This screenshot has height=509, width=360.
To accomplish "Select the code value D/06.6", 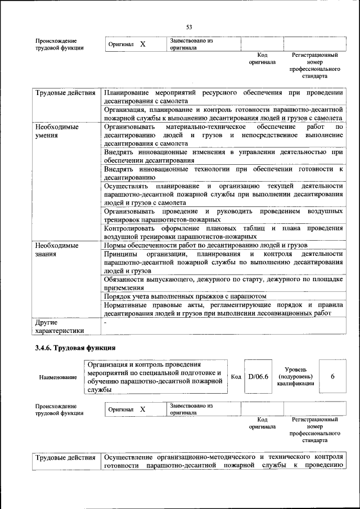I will (x=259, y=376).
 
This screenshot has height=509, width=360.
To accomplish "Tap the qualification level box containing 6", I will (x=332, y=376).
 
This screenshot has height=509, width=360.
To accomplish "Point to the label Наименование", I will (x=58, y=377).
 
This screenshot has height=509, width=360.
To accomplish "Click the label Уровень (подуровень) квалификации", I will (x=295, y=376).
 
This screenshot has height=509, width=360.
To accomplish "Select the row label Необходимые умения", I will (x=57, y=132).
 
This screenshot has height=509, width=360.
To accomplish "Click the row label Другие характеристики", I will (x=59, y=327).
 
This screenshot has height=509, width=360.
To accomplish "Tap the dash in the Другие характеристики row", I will (x=105, y=323).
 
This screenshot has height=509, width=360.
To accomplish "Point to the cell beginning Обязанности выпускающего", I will (x=223, y=283).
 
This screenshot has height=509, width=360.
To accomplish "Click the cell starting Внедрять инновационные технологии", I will (x=223, y=173).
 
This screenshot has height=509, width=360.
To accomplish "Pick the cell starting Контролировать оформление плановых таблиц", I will (x=223, y=232).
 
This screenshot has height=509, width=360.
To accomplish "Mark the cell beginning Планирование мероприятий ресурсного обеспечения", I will (x=223, y=97).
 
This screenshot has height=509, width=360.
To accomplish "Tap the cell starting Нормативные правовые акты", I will (x=223, y=309).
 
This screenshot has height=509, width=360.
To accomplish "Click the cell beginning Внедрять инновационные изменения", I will (x=223, y=156).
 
